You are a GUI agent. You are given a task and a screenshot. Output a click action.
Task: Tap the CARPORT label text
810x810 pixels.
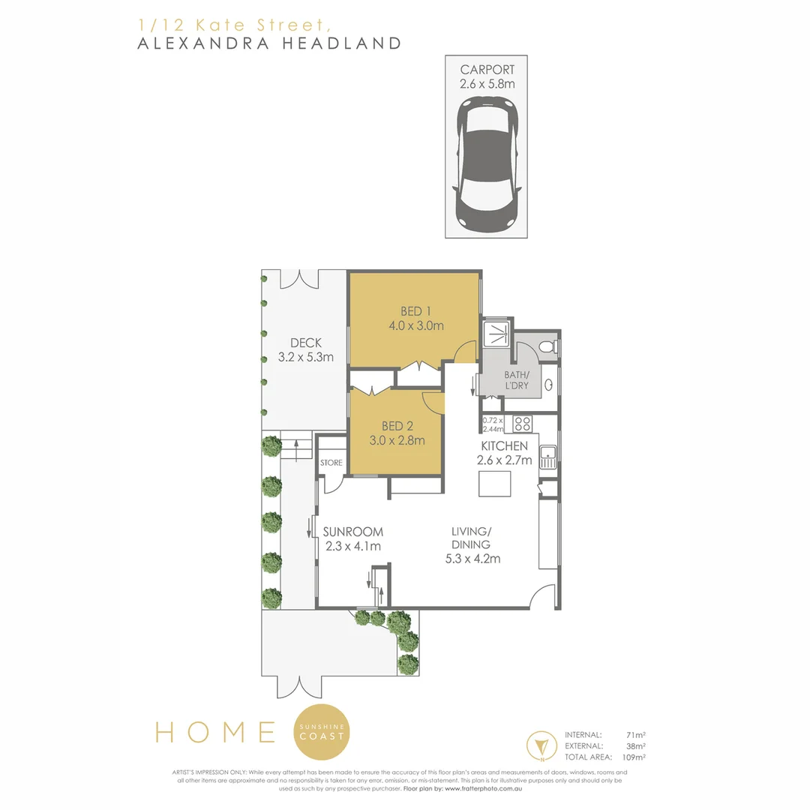(487, 70)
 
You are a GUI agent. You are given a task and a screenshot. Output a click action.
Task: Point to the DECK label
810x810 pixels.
(305, 343)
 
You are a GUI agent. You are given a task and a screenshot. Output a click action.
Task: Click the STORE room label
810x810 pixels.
(331, 463)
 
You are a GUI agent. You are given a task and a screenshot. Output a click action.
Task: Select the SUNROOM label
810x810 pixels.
(352, 531)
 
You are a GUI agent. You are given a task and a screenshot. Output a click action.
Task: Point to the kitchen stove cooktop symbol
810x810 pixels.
(522, 424)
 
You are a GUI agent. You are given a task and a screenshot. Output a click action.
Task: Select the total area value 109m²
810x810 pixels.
(635, 757)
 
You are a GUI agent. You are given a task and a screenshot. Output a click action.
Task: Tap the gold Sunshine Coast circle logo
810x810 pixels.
(322, 732)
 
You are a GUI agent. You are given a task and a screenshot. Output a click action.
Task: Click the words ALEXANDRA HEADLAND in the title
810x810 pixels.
(269, 43)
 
